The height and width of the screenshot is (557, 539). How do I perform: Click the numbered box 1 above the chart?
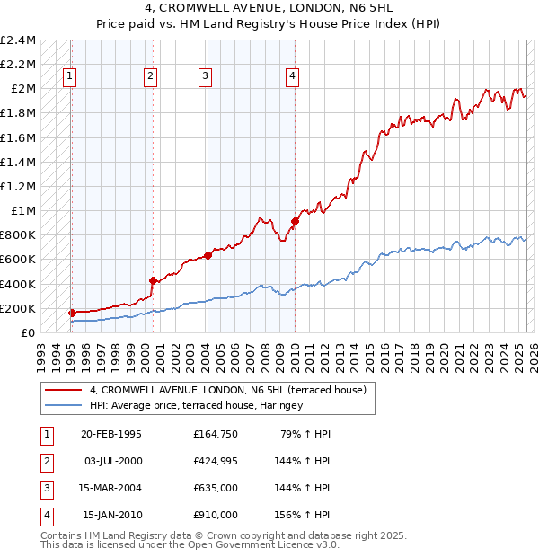pyautogui.click(x=69, y=76)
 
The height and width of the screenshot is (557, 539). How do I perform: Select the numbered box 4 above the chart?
pyautogui.click(x=293, y=76)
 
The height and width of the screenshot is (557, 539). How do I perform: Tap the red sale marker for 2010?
pyautogui.click(x=295, y=221)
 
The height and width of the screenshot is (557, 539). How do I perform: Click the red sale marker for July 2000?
pyautogui.click(x=153, y=280)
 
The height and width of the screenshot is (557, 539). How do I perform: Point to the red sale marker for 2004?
pyautogui.click(x=208, y=255)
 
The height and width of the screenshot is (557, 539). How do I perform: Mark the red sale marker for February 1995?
pyautogui.click(x=72, y=313)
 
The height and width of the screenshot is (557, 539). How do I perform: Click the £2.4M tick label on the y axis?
pyautogui.click(x=18, y=40)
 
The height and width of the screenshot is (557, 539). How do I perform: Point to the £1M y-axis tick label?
pyautogui.click(x=22, y=211)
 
